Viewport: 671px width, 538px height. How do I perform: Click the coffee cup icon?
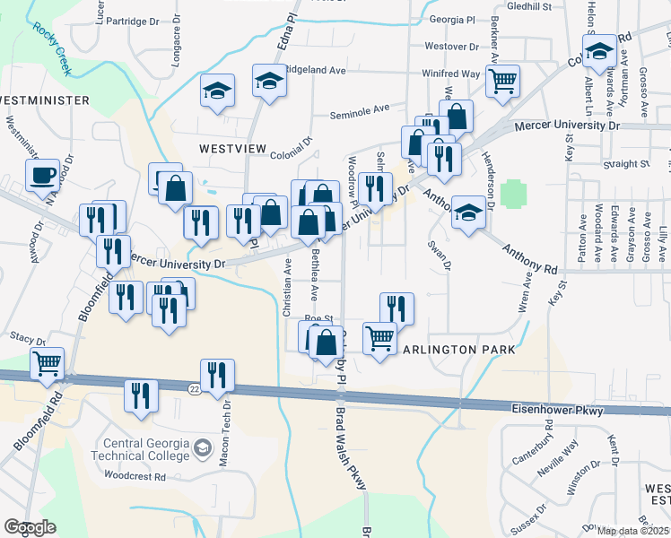click(43, 175)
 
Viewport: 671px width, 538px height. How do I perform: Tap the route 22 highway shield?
click(195, 388)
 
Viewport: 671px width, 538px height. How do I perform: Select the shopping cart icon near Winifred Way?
click(502, 81)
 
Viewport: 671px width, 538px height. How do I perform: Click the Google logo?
click(30, 527)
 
